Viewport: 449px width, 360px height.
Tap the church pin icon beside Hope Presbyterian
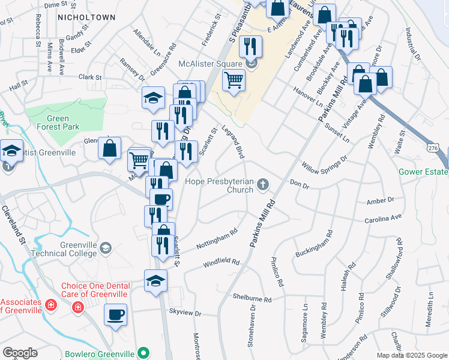coord(263,185)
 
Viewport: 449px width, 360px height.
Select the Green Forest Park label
coord(58,122)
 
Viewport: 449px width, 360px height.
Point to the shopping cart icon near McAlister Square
coord(234,80)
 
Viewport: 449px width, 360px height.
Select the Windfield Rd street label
coord(221,263)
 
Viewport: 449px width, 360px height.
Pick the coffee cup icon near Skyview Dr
coord(115,314)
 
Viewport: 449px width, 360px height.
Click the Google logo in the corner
coord(19,353)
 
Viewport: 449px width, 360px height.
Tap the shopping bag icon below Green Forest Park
coord(110,149)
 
